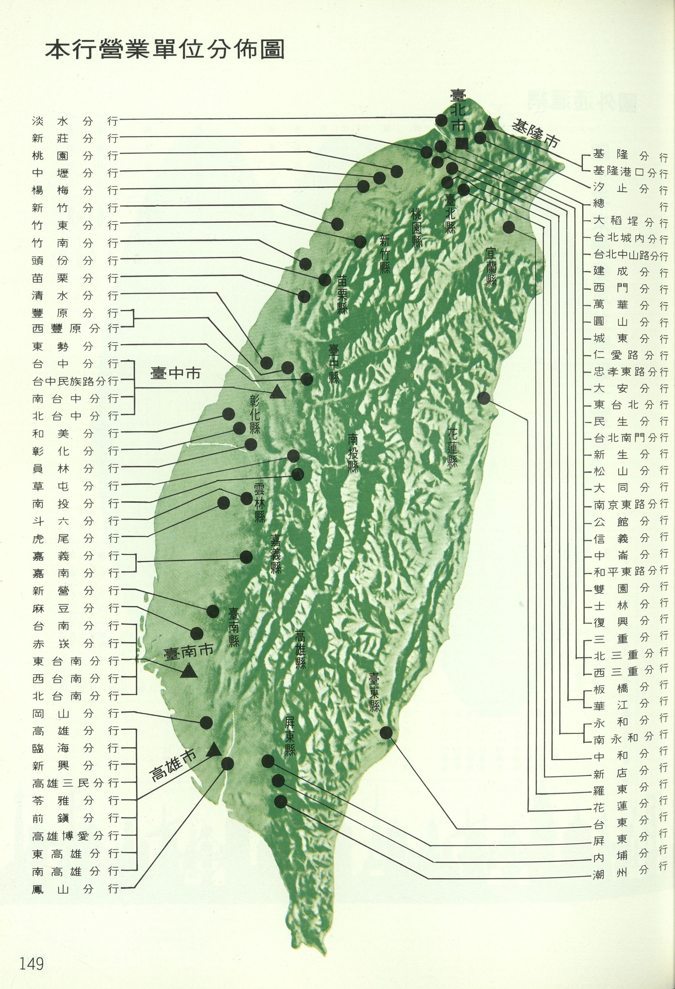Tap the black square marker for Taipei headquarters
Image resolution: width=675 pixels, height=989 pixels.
tap(462, 144)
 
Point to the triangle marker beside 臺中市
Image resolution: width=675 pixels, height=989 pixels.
tap(277, 391)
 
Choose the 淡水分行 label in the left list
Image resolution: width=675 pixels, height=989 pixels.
tap(75, 121)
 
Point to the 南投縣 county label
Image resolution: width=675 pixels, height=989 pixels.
tap(353, 452)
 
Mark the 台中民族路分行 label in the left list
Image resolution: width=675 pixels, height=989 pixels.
tap(75, 381)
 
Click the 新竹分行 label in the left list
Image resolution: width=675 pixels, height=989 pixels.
tap(75, 208)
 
